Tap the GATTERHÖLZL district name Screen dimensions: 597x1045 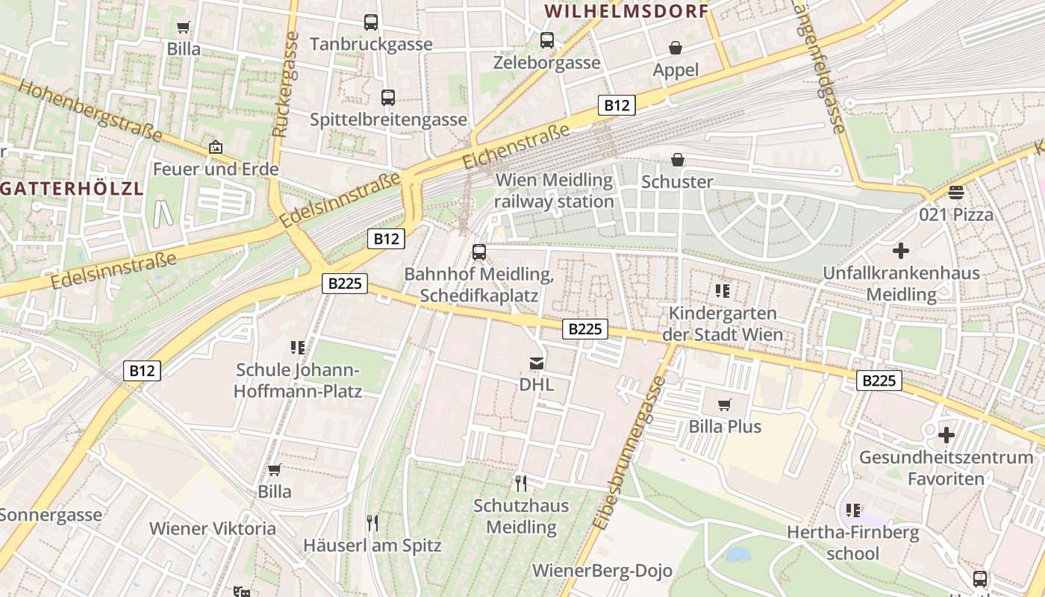tap(71, 188)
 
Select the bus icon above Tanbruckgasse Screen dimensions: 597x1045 tap(371, 22)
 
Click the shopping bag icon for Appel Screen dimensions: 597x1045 tap(676, 49)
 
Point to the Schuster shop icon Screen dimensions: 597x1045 tap(678, 160)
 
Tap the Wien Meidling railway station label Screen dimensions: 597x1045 tap(554, 190)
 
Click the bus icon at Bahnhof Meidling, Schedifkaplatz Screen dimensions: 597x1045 tap(479, 252)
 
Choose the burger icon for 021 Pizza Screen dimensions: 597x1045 tap(956, 193)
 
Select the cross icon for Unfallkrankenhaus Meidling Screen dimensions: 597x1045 tap(901, 251)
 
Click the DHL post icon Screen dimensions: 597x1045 tap(537, 363)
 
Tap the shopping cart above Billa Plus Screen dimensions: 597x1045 tap(724, 404)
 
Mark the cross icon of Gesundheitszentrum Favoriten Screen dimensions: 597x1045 tap(946, 435)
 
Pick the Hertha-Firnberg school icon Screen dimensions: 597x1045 tap(853, 510)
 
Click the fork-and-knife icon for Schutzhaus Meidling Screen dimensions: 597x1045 tap(521, 484)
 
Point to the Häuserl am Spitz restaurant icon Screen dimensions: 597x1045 tap(372, 522)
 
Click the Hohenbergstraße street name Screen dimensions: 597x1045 tap(90, 110)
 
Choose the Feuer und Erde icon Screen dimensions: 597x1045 tap(216, 147)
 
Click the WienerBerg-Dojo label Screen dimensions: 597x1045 tap(602, 571)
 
